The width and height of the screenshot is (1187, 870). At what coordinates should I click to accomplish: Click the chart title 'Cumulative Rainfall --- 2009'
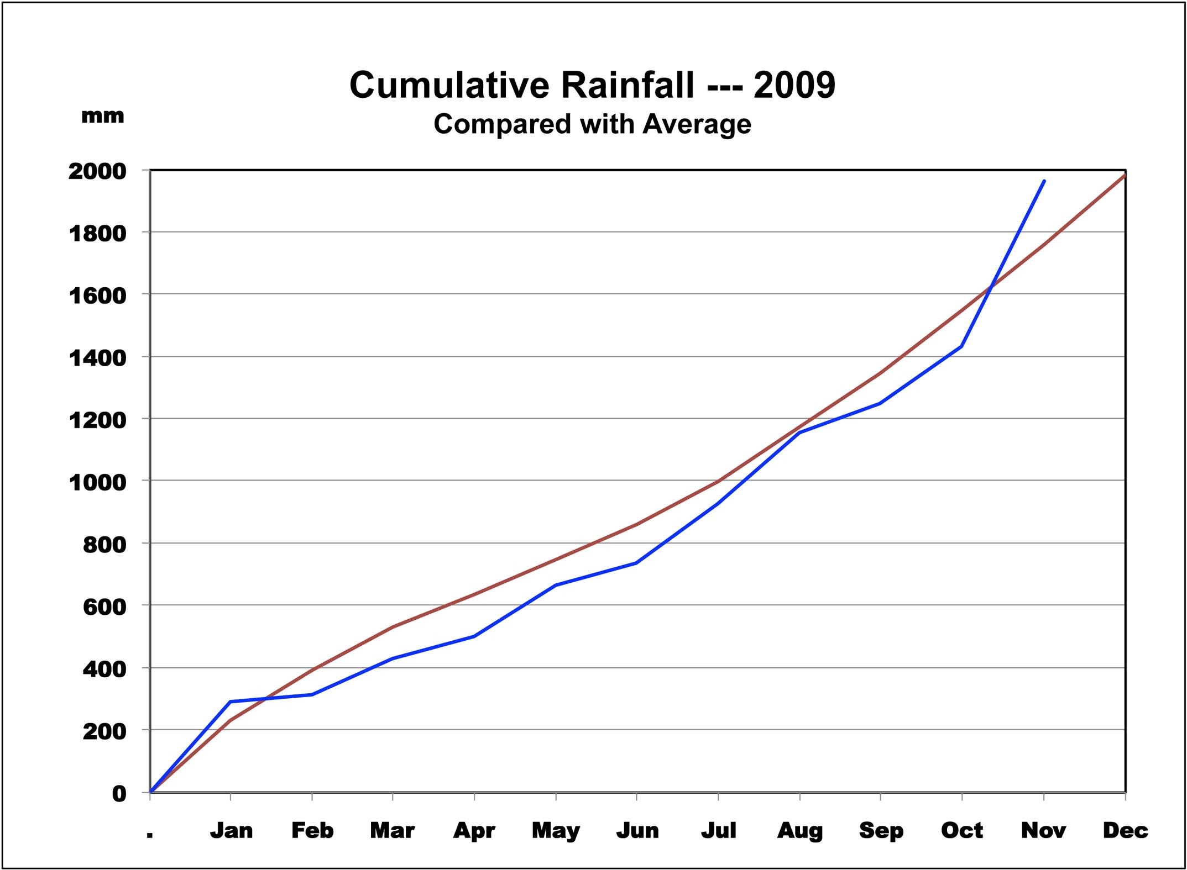pos(592,85)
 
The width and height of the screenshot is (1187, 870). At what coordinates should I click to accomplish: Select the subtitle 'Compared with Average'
pos(592,124)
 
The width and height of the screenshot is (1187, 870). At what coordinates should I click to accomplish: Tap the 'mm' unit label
pos(102,116)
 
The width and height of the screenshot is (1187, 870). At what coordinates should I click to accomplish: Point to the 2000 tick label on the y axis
pos(97,171)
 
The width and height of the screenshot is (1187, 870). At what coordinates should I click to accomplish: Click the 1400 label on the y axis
pos(97,358)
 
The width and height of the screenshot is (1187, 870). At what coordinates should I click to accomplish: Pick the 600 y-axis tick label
pos(104,607)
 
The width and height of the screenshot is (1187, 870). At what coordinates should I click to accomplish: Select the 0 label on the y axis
pos(119,794)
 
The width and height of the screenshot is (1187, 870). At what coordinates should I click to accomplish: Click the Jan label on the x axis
pos(231,831)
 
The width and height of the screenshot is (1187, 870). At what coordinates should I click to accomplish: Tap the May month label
pos(556,831)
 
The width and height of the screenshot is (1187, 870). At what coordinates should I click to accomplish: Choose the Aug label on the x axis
pos(799,831)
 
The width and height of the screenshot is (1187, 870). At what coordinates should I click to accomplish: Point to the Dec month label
pos(1125,831)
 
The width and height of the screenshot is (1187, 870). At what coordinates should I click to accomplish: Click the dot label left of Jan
pos(150,834)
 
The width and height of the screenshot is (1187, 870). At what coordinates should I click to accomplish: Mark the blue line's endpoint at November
pos(1044,181)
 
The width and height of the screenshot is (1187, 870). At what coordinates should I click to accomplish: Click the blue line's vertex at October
pos(962,346)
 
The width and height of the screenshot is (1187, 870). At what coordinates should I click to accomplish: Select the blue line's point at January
pos(230,702)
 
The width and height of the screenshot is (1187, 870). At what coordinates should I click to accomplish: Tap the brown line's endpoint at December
pos(1125,175)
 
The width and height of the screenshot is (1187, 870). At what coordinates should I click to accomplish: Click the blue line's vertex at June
pos(637,563)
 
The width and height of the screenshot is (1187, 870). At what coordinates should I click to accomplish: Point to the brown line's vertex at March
pos(393,627)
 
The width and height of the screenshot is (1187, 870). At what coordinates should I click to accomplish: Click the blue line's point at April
pos(474,636)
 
